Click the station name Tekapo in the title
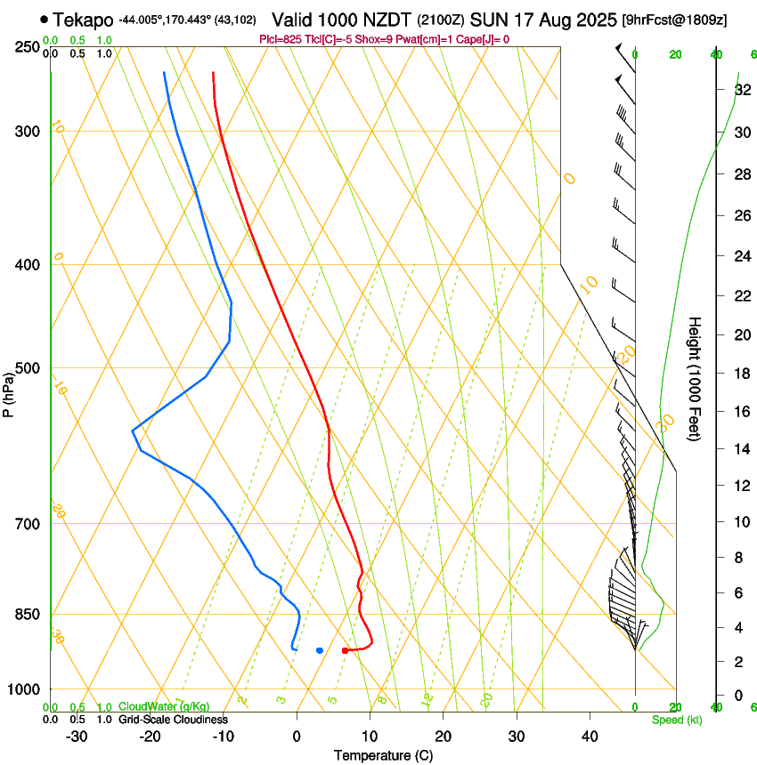tap(83, 20)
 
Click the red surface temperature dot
tap(346, 650)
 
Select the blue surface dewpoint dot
tap(320, 650)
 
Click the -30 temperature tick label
tap(77, 737)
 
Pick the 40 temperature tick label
tap(590, 737)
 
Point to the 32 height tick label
tap(742, 90)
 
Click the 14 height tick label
tap(742, 448)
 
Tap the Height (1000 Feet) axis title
tap(695, 378)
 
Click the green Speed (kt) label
tap(677, 720)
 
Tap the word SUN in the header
tap(487, 20)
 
